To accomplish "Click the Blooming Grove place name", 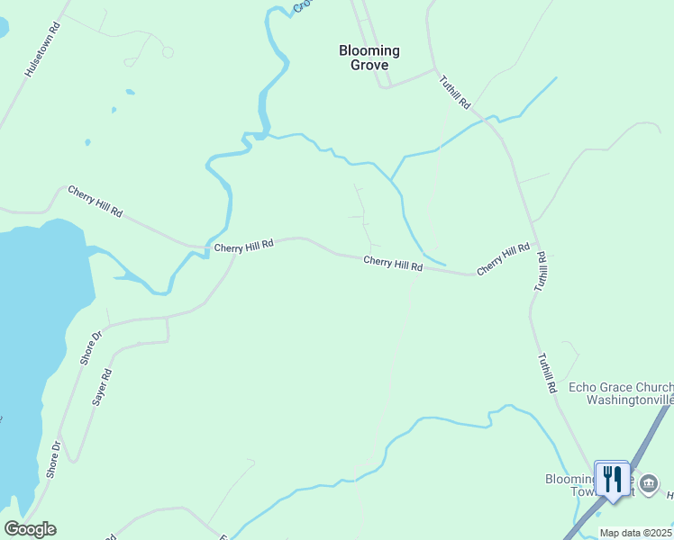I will (369, 58).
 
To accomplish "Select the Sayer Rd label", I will (101, 387).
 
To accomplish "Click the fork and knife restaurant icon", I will (613, 478).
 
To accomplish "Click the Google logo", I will (30, 529).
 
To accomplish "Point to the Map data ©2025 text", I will (636, 533).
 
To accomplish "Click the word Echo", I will (583, 388).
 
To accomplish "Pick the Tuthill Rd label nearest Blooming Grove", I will (455, 91).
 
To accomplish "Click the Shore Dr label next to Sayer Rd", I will (91, 346).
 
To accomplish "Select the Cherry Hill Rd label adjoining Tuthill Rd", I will (503, 258).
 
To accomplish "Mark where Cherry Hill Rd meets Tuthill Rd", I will (538, 243).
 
